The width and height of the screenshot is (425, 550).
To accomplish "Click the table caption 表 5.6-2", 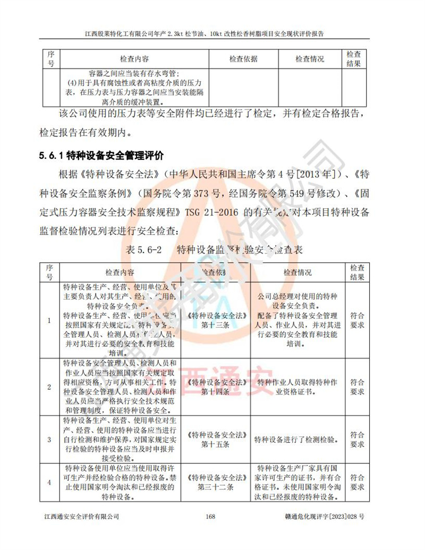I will point(147,249).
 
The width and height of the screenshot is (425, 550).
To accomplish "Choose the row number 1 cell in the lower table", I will point(49,321).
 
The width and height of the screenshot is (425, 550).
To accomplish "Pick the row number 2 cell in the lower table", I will point(49,387).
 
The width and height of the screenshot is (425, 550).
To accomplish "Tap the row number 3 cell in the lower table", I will point(49,439).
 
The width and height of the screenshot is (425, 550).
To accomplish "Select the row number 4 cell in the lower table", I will point(49,482).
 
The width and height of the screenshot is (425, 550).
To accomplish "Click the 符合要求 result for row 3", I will point(357,439).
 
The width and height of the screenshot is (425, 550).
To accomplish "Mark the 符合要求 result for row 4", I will point(357,482).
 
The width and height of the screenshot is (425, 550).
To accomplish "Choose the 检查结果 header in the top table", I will point(354,59).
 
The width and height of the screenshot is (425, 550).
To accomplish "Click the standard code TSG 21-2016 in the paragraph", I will point(211,211).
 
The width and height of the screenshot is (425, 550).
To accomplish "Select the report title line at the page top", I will point(212,33).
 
